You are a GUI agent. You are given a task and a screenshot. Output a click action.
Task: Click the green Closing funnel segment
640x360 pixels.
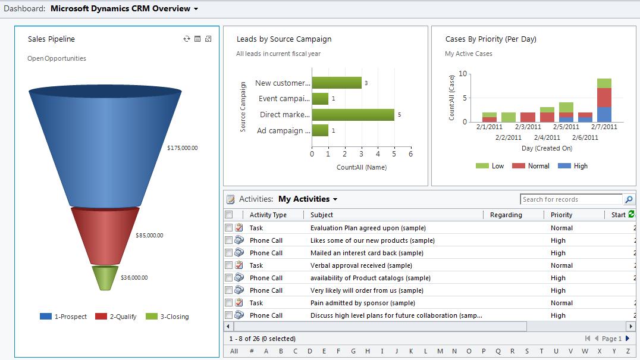tap(105, 277)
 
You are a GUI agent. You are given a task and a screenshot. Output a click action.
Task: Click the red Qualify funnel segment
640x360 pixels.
tap(105, 234)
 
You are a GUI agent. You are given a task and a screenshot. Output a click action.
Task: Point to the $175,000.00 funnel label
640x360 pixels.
tap(182, 148)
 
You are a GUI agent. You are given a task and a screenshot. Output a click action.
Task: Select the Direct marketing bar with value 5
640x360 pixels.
tap(353, 115)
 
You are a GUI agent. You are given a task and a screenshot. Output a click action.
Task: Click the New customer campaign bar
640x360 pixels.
tap(336, 83)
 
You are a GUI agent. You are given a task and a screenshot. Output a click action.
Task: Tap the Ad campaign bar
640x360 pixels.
tap(320, 130)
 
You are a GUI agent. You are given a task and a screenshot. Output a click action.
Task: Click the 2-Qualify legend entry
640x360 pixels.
tap(116, 317)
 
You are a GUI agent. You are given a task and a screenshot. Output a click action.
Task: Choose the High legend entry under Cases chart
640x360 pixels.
tap(573, 166)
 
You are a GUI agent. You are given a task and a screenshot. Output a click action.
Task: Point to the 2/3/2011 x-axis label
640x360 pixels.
tap(528, 127)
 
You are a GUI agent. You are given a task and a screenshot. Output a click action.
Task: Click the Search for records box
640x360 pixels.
tap(570, 199)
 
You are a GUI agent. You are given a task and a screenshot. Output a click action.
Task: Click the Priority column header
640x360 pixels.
tap(561, 215)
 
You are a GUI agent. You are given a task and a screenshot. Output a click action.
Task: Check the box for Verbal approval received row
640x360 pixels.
tap(229, 265)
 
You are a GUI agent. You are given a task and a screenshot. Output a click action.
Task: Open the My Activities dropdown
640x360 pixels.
tap(308, 199)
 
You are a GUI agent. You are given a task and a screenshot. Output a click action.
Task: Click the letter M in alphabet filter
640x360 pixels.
tap(440, 351)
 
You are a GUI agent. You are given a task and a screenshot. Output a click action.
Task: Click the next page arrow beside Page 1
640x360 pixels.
tap(628, 339)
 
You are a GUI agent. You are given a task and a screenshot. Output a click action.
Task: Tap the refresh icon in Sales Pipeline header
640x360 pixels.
tap(187, 39)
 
